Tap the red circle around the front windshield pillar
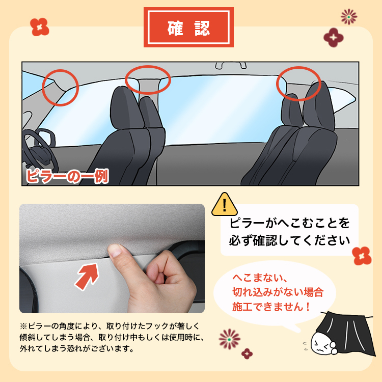click(60, 87)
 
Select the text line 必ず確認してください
click(289, 239)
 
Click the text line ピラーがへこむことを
click(289, 222)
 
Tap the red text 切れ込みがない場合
click(278, 292)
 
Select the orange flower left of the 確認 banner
click(39, 27)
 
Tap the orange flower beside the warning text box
click(361, 255)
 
